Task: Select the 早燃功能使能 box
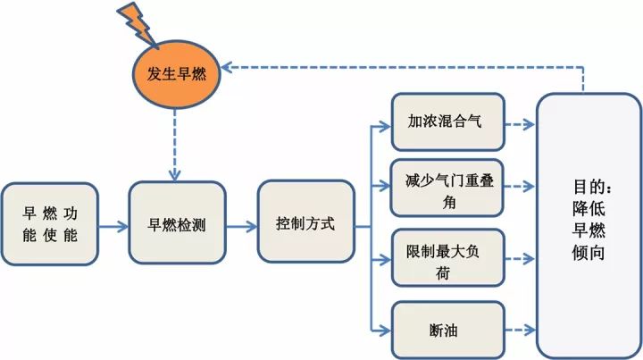(x=49, y=224)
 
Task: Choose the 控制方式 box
(x=305, y=224)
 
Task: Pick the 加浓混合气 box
(x=449, y=121)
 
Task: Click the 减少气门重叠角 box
(x=449, y=188)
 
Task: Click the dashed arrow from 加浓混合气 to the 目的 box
(x=521, y=121)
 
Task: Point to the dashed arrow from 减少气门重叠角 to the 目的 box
(x=521, y=188)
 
